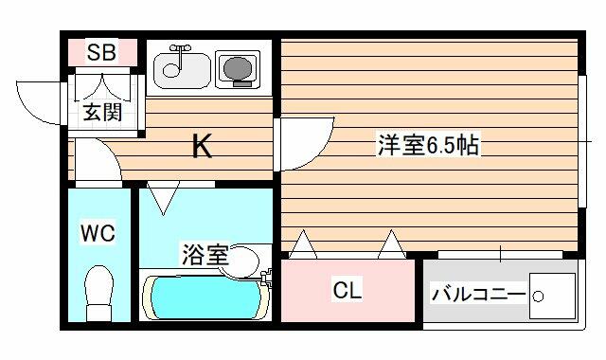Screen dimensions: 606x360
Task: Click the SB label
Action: tap(101, 52)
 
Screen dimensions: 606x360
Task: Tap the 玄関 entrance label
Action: tap(103, 112)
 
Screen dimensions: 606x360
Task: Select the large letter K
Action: tap(202, 145)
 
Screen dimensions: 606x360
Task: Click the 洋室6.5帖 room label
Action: tap(428, 144)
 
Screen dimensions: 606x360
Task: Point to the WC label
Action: tap(98, 233)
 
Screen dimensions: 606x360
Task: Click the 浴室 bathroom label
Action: tap(205, 255)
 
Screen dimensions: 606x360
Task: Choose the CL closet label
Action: tap(348, 290)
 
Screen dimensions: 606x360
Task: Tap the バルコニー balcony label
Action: tap(479, 295)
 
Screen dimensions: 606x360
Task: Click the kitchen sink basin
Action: tap(183, 70)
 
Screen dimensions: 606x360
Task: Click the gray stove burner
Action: tap(238, 69)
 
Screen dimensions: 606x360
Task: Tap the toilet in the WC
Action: tap(98, 293)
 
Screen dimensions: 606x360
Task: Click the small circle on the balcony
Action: tap(538, 297)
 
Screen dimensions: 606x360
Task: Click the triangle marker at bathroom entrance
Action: tap(163, 197)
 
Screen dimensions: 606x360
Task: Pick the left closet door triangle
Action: tap(303, 244)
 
